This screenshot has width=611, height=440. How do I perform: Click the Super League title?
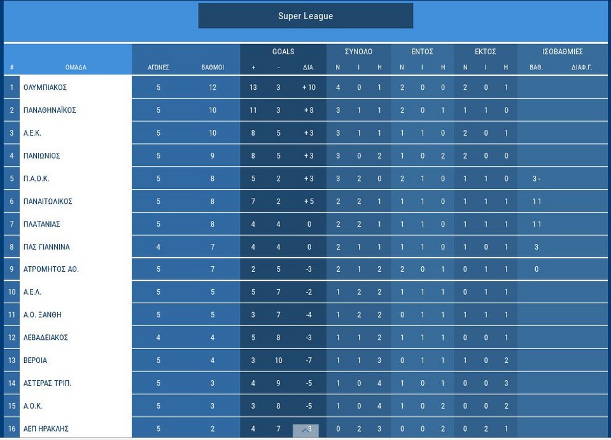(x=305, y=16)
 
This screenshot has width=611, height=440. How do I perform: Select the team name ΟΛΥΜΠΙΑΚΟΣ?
(x=45, y=87)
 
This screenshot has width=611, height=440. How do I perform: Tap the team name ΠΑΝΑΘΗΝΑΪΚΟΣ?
(x=50, y=110)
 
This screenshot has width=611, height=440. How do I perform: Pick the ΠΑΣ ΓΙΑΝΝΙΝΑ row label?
(x=46, y=247)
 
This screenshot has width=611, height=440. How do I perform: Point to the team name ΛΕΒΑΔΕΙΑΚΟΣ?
(x=45, y=337)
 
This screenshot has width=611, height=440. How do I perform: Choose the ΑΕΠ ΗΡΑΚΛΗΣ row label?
(x=46, y=429)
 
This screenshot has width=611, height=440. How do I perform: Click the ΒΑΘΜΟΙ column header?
(x=213, y=67)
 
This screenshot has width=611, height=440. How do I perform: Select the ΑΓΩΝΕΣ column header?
(x=158, y=67)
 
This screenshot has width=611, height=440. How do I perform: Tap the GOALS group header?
(x=283, y=52)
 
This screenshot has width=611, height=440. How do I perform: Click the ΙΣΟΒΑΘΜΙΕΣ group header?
(x=563, y=52)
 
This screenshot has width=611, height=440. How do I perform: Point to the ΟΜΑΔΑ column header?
(x=76, y=67)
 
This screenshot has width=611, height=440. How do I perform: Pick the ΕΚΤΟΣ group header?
(x=486, y=52)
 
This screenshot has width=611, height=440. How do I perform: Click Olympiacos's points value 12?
(x=213, y=87)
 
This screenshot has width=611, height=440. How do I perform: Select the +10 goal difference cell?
(x=309, y=87)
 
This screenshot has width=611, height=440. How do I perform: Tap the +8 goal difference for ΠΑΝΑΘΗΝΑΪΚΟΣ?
(x=309, y=110)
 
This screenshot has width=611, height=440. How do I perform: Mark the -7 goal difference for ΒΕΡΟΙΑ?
(x=309, y=360)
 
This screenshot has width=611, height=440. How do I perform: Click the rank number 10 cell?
(x=11, y=292)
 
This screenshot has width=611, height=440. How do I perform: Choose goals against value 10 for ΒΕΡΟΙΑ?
(x=278, y=360)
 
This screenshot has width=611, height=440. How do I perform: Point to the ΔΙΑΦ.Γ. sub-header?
(x=582, y=67)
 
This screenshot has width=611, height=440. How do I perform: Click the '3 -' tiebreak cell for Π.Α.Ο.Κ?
(x=537, y=178)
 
